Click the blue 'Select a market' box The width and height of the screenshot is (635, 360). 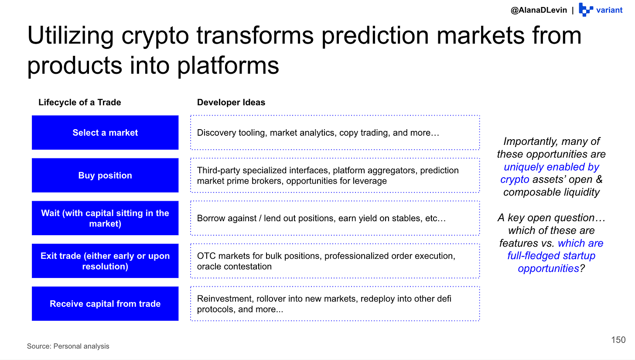tap(105, 133)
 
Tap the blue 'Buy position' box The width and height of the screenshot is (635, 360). tap(105, 175)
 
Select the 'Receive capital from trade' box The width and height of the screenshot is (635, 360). tap(105, 304)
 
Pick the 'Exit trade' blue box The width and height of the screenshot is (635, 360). tap(105, 261)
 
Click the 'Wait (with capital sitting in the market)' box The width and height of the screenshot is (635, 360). tap(105, 218)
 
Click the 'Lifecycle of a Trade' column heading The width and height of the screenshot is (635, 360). tap(80, 102)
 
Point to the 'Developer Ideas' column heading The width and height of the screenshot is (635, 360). tap(231, 102)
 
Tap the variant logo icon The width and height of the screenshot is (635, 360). tap(586, 10)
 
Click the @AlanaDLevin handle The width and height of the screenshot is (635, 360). tap(539, 10)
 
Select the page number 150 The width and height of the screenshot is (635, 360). tap(618, 339)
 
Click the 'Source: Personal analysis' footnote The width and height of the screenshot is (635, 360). tap(68, 346)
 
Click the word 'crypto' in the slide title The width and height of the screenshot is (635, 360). tap(155, 36)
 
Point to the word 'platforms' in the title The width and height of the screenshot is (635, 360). tap(228, 66)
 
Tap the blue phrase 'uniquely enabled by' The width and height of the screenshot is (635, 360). tap(551, 167)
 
